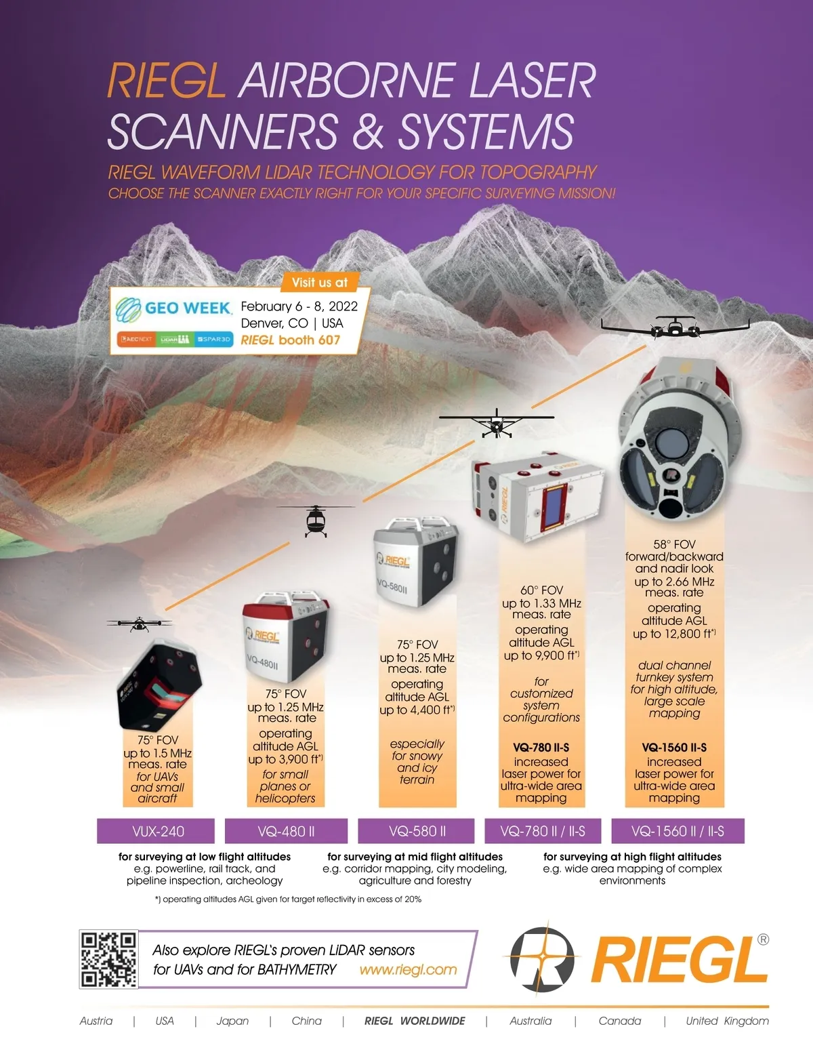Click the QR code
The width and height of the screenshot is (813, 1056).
(x=109, y=960)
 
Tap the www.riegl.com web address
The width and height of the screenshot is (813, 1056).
(x=409, y=970)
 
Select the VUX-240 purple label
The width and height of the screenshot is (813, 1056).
(x=156, y=831)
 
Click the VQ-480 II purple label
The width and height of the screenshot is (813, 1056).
(x=286, y=831)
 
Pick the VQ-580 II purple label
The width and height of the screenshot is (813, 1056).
(x=416, y=831)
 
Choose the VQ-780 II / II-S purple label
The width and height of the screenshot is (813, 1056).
(x=543, y=831)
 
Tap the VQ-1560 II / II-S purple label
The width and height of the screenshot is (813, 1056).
(x=678, y=831)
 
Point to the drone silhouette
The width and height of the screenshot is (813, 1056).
(x=140, y=624)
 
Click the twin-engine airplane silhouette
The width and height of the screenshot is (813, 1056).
(x=675, y=327)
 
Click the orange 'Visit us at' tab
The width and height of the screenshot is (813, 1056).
(x=320, y=283)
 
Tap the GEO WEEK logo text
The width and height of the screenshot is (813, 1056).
(x=188, y=308)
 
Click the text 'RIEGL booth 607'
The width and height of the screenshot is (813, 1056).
(x=291, y=340)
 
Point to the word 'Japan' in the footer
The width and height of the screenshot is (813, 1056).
(x=232, y=1021)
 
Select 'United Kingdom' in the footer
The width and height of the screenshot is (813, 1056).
(x=727, y=1021)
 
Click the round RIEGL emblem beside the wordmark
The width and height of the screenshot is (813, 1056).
(x=543, y=959)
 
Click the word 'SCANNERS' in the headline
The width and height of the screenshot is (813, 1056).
(x=223, y=131)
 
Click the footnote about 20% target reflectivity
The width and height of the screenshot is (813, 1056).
(x=288, y=899)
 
